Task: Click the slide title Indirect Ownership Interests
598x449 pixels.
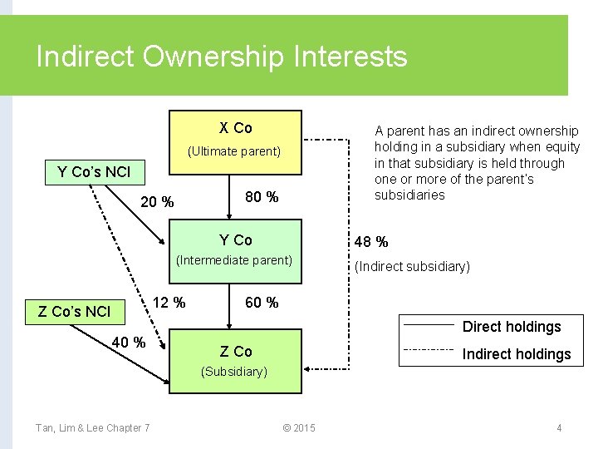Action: pyautogui.click(x=222, y=57)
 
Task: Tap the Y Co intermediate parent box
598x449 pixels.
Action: pyautogui.click(x=235, y=249)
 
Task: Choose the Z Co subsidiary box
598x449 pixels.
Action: pyautogui.click(x=235, y=360)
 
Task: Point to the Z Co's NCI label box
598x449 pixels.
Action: pyautogui.click(x=75, y=312)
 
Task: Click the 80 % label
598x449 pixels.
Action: pyautogui.click(x=262, y=198)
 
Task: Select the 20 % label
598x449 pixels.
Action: pyautogui.click(x=157, y=202)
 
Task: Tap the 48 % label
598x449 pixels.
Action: pyautogui.click(x=371, y=242)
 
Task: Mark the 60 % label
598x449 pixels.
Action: pyautogui.click(x=262, y=303)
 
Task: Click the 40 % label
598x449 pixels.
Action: pyautogui.click(x=129, y=342)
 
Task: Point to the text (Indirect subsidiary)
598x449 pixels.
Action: pyautogui.click(x=412, y=267)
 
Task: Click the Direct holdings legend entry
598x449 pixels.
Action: pyautogui.click(x=512, y=327)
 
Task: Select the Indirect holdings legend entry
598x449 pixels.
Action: pyautogui.click(x=516, y=354)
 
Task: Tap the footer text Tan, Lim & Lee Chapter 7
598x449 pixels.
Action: pyautogui.click(x=92, y=428)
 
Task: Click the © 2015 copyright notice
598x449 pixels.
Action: pyautogui.click(x=299, y=428)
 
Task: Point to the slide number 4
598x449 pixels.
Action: pyautogui.click(x=559, y=428)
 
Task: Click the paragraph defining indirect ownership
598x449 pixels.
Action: pyautogui.click(x=477, y=163)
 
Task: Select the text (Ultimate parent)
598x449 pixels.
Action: pyautogui.click(x=235, y=152)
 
